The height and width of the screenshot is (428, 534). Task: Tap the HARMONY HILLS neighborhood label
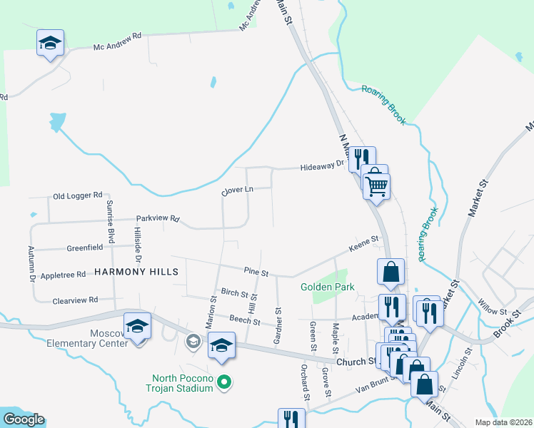[x=136, y=272]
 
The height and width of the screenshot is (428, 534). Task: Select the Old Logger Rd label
[x=79, y=195]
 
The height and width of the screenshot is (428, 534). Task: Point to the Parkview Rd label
[x=158, y=219]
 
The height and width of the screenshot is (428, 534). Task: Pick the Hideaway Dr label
[x=323, y=165]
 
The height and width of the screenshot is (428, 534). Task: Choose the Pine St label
[x=255, y=272]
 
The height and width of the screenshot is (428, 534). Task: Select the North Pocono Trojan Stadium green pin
[x=224, y=383]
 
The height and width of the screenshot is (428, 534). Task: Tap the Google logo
[x=23, y=419]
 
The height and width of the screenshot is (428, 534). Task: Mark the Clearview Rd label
[x=74, y=300]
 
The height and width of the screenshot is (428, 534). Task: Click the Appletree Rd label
[x=64, y=274]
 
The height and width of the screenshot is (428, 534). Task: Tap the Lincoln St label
[x=468, y=363]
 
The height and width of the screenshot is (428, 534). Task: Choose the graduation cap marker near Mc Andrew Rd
[x=50, y=43]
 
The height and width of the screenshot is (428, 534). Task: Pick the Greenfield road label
[x=85, y=247]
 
